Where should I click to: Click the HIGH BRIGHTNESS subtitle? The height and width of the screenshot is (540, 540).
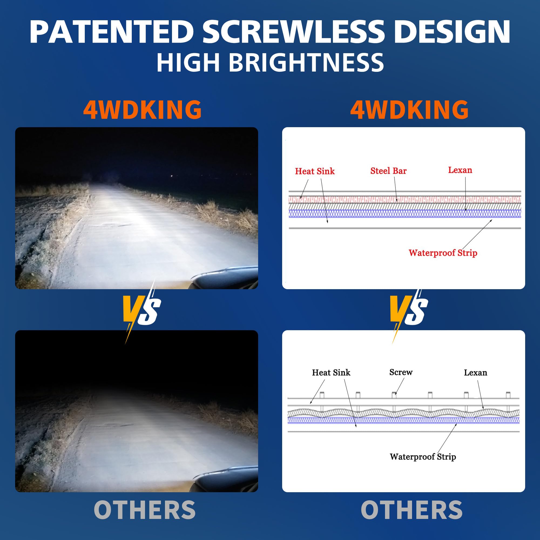(270, 62)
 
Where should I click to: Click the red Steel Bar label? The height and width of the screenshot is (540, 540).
(389, 171)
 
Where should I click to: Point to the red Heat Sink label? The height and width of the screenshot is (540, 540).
(315, 171)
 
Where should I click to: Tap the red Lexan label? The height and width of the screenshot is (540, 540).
(460, 170)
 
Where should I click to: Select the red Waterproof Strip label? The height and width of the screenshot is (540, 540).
(443, 253)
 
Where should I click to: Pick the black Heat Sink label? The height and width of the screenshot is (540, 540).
(331, 372)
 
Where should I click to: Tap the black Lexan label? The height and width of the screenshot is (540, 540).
(475, 372)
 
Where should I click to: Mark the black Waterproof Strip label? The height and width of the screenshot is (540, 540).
(423, 457)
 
